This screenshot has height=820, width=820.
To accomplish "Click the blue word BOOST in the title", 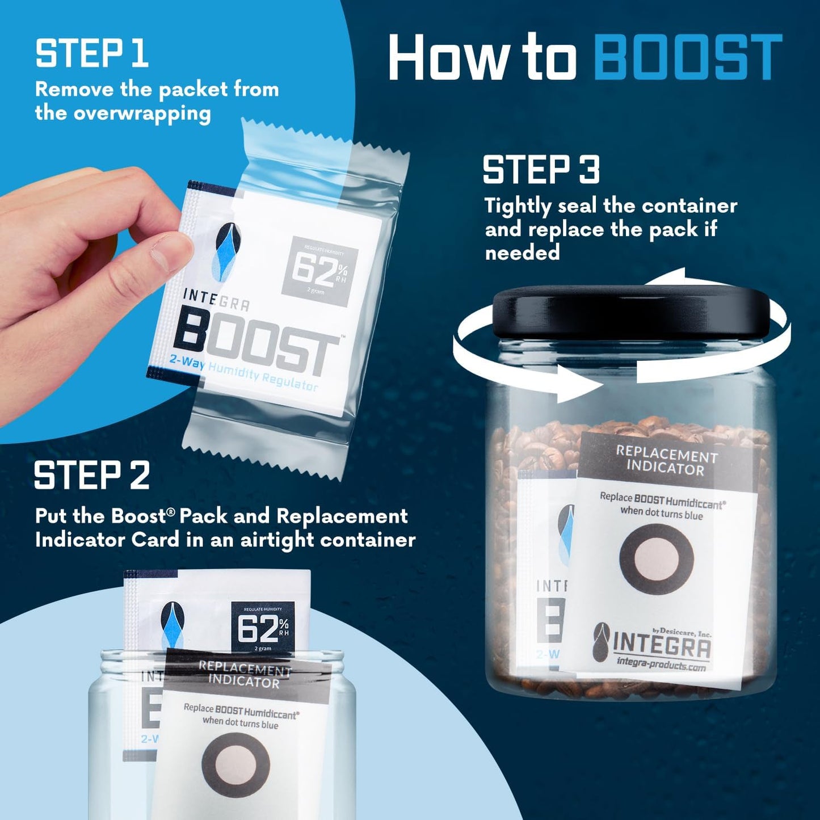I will pos(688,57).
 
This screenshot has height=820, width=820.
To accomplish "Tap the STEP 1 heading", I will pos(92,54).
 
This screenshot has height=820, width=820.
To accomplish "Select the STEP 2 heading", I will pos(92,476).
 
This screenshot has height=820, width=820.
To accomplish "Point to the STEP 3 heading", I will pos(541,170).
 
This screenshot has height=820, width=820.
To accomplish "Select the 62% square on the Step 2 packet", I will pos(263,627).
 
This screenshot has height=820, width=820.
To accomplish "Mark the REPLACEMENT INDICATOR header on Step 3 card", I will pos(666,461).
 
